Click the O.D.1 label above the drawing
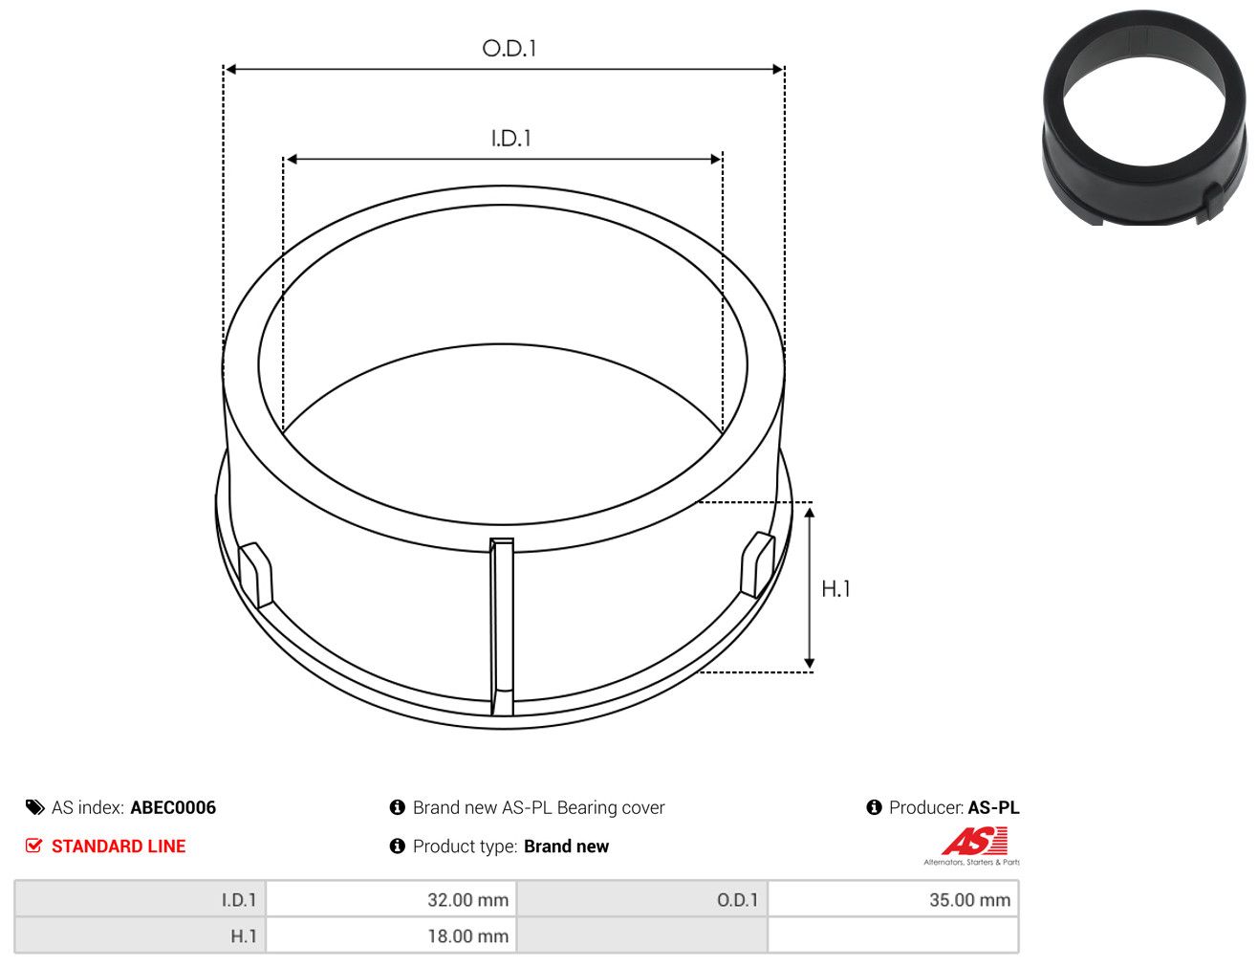[509, 49]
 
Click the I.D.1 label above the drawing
[510, 139]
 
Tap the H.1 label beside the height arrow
[835, 589]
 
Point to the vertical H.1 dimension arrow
[810, 587]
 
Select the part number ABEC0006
[173, 807]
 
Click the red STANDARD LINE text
[119, 846]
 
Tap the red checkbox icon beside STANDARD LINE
[33, 846]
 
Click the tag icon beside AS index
[34, 807]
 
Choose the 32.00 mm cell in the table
[391, 899]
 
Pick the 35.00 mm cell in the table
[893, 899]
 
